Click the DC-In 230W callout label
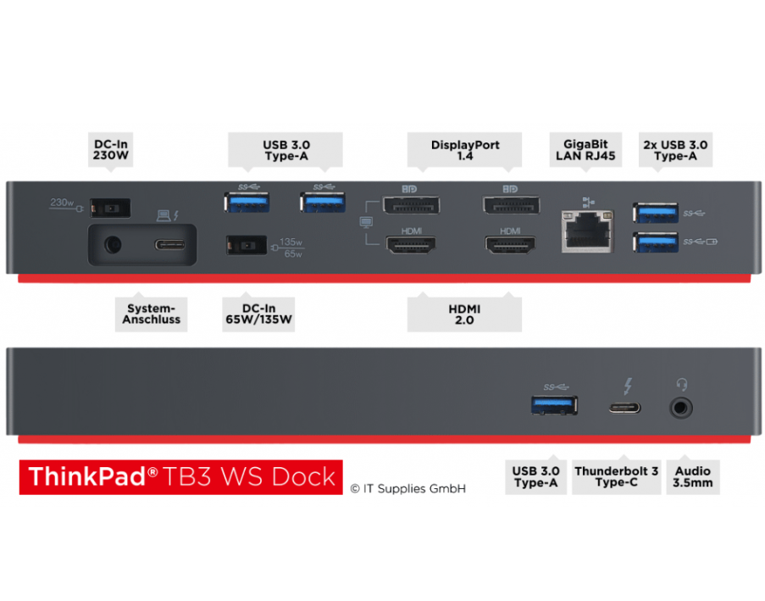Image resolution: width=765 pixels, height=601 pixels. [111, 150]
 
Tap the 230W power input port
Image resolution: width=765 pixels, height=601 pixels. [111, 207]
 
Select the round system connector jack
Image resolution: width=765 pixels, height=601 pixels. [109, 246]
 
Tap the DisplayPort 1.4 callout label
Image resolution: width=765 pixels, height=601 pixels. [465, 150]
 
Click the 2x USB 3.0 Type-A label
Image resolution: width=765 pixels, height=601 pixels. [675, 150]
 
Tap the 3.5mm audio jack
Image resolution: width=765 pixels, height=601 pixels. [681, 408]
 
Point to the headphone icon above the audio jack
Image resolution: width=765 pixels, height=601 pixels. [681, 387]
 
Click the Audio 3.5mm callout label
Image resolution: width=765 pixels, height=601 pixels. [693, 477]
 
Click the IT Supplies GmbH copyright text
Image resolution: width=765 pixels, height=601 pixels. [407, 488]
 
